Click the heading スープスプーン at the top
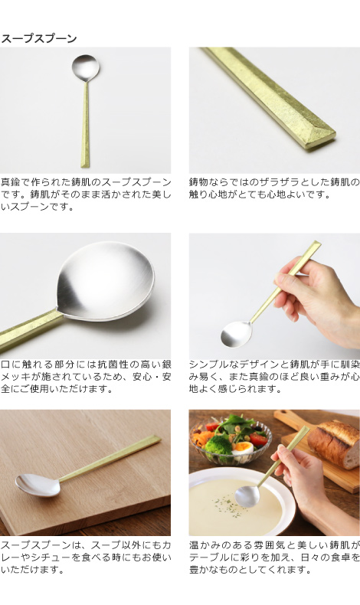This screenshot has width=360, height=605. pos(39,38)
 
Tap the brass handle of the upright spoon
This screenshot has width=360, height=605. pos(85,130)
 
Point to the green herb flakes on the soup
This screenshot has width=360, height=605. pos(230,509)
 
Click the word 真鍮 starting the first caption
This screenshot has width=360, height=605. pos(10,182)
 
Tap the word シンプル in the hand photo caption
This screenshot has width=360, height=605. pos(208,365)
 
